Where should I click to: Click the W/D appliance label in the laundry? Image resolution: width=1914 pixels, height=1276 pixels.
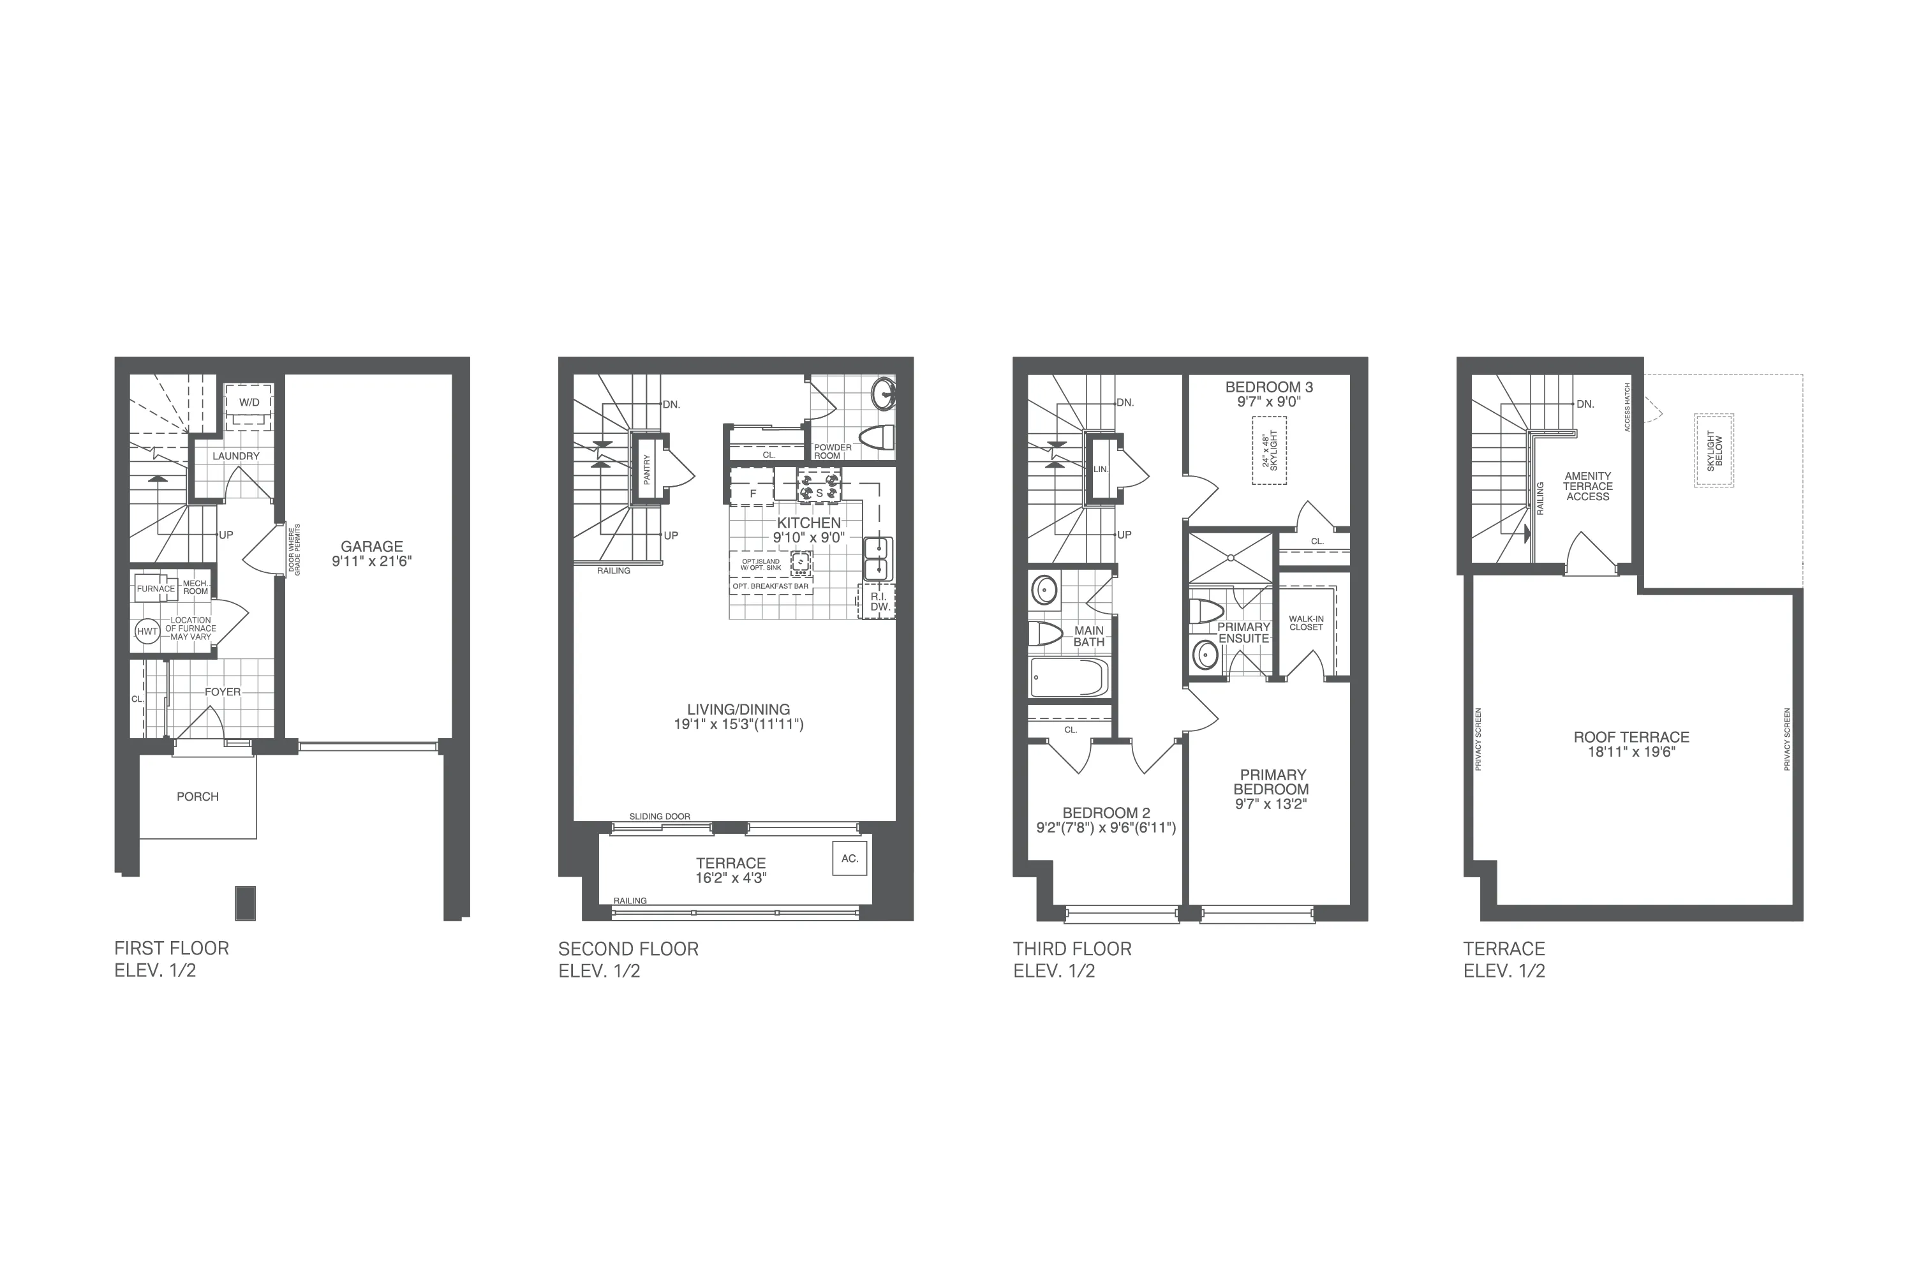tap(249, 403)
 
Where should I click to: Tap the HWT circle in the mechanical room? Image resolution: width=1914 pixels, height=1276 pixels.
tap(147, 632)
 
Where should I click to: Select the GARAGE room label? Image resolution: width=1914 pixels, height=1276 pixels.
tap(372, 547)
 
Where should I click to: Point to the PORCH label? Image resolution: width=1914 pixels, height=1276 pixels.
tap(198, 797)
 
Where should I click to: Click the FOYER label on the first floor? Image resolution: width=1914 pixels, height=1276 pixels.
tap(222, 692)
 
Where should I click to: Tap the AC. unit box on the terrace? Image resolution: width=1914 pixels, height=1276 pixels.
tap(850, 859)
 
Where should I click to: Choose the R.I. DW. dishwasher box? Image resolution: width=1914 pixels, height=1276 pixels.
tap(878, 602)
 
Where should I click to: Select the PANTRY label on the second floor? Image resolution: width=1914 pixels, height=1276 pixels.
tap(647, 470)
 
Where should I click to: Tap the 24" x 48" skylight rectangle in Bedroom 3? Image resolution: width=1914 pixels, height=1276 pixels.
tap(1269, 451)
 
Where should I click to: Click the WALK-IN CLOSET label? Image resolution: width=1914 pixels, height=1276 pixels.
tap(1306, 623)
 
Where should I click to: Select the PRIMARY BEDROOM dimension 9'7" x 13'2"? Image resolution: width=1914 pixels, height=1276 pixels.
tap(1271, 804)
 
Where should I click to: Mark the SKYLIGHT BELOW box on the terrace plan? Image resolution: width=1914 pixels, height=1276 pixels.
tap(1714, 451)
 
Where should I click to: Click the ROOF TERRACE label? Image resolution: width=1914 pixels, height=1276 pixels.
tap(1631, 738)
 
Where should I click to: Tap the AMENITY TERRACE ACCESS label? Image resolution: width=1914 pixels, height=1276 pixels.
tap(1588, 487)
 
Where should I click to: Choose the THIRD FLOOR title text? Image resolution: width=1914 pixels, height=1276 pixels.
tap(1072, 949)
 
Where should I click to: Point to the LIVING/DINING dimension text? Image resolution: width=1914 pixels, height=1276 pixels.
tap(738, 724)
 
